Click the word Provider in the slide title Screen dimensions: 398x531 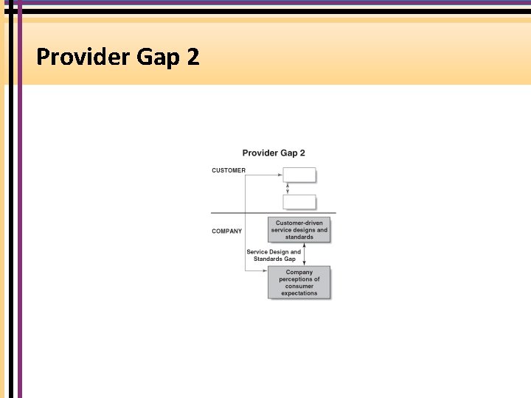[x=81, y=57]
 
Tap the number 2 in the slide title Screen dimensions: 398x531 [x=193, y=57]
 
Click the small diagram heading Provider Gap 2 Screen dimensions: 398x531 [x=274, y=153]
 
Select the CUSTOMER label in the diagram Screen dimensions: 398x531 [x=229, y=171]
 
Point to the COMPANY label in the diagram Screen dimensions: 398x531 [x=226, y=231]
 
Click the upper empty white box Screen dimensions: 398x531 [x=299, y=175]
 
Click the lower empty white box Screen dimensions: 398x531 [x=299, y=202]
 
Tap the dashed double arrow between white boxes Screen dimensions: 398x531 [x=288, y=188]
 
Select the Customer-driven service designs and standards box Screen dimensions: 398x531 [x=299, y=230]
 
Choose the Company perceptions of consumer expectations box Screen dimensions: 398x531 [x=299, y=283]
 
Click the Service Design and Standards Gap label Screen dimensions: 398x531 [x=274, y=255]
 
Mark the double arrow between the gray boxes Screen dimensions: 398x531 [x=305, y=255]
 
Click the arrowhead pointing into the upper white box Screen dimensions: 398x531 [x=280, y=175]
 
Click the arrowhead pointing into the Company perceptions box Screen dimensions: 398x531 [x=265, y=271]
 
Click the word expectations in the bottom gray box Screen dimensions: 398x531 [x=299, y=293]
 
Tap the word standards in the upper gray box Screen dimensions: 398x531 [x=299, y=237]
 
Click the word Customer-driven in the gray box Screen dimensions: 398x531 [x=299, y=223]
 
